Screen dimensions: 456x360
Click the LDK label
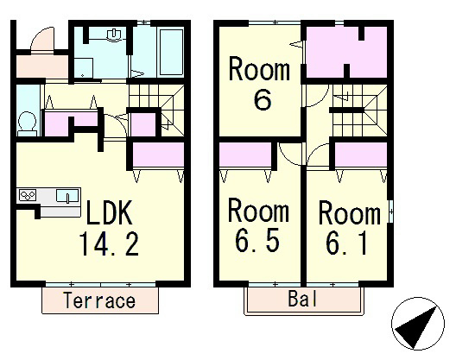point(109,212)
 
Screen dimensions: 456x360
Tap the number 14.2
point(109,243)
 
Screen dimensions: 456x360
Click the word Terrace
point(99,300)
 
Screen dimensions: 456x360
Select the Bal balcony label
point(302,299)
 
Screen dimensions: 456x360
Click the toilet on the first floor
point(27,124)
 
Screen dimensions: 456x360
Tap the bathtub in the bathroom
point(172,52)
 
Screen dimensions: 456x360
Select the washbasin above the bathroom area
point(115,34)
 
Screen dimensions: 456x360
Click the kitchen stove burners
point(28,195)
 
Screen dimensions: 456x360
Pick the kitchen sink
point(67,195)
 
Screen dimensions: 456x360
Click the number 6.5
point(256,241)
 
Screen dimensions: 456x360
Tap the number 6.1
point(346,243)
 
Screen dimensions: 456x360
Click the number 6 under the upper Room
point(263,100)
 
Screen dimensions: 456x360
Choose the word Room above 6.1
point(350,212)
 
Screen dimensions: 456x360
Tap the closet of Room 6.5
point(245,155)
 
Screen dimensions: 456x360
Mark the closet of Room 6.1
point(361,155)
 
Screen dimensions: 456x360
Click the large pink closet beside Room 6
point(346,52)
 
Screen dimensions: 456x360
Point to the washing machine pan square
point(84,67)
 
